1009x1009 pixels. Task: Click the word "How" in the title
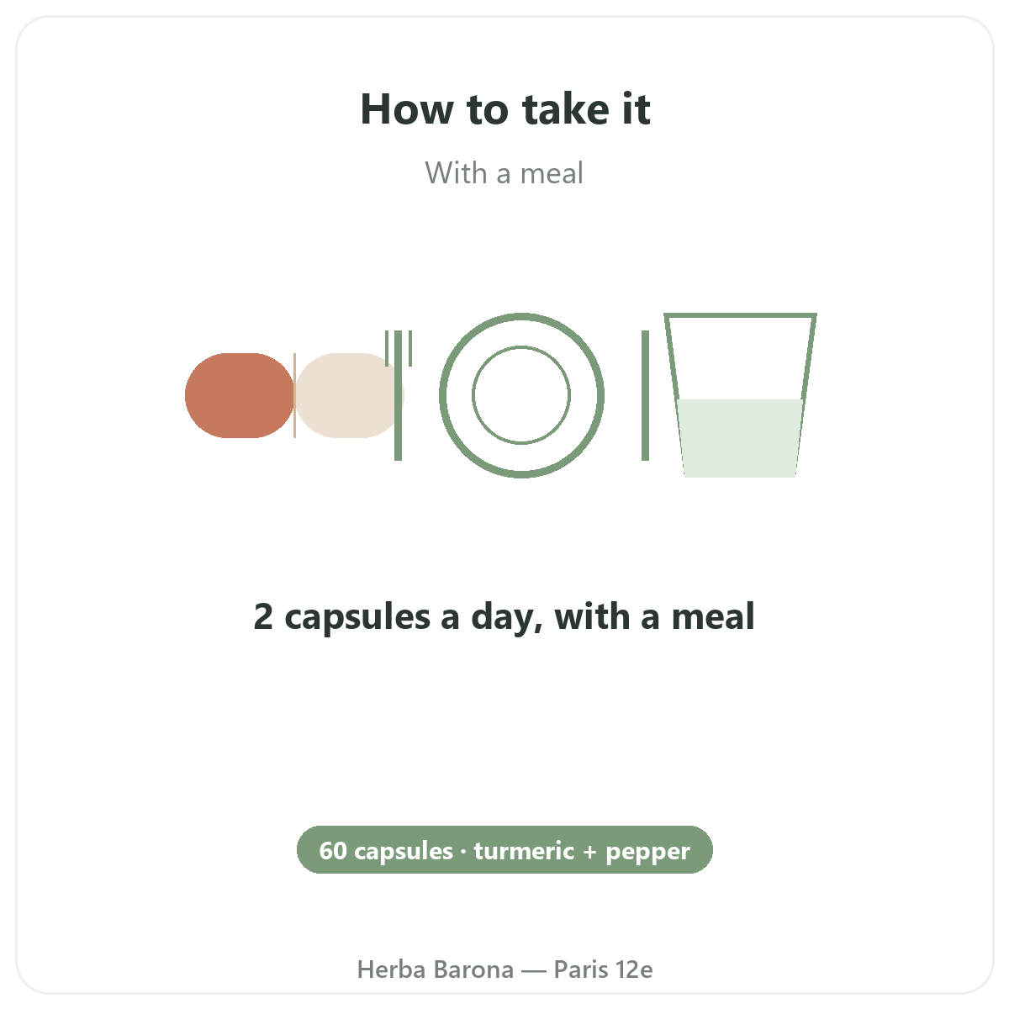click(x=407, y=109)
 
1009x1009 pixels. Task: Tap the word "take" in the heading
click(x=566, y=109)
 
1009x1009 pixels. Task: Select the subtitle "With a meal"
click(x=504, y=173)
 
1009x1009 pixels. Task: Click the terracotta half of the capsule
click(x=240, y=395)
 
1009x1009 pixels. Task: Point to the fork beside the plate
click(x=398, y=395)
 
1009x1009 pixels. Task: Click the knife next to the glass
click(x=645, y=395)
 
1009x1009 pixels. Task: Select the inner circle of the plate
click(x=521, y=346)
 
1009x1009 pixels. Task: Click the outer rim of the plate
click(x=521, y=316)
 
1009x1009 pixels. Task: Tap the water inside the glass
click(x=740, y=438)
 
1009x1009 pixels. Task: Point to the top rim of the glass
click(x=740, y=315)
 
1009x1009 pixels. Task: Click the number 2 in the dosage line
click(x=263, y=616)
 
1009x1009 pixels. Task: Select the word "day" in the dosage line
click(x=506, y=618)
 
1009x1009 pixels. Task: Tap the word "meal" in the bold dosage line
click(x=713, y=615)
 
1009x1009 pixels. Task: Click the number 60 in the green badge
click(x=333, y=850)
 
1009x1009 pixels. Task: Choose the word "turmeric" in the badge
click(x=524, y=850)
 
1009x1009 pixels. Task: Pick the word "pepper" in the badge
click(x=648, y=853)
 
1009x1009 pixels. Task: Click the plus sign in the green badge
click(x=590, y=852)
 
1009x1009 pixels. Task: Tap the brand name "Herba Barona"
click(x=435, y=969)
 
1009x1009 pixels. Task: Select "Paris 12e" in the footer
click(x=603, y=969)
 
